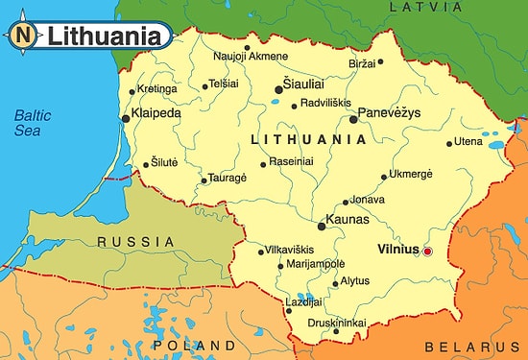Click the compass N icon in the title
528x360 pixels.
[23, 36]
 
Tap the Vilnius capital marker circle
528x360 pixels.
[428, 251]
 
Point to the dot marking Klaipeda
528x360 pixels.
[125, 118]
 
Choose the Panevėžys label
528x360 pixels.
[390, 114]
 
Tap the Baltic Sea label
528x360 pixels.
[32, 123]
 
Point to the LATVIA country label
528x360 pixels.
[420, 8]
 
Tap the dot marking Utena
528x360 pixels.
[449, 145]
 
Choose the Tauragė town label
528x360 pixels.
[228, 179]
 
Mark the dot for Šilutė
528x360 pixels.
[145, 164]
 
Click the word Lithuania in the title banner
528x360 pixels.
[106, 36]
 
